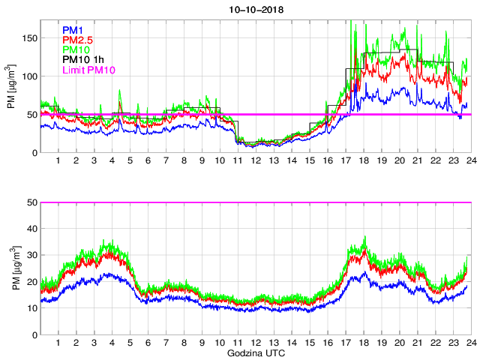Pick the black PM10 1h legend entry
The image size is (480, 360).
[x=82, y=60]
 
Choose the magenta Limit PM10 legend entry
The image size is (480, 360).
[x=87, y=70]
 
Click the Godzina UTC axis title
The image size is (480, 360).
[x=254, y=352]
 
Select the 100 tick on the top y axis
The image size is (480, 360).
[x=29, y=76]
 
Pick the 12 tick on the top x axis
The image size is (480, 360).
[x=255, y=160]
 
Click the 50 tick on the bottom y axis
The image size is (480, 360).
[x=31, y=202]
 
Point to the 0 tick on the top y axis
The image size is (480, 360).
[x=34, y=153]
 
